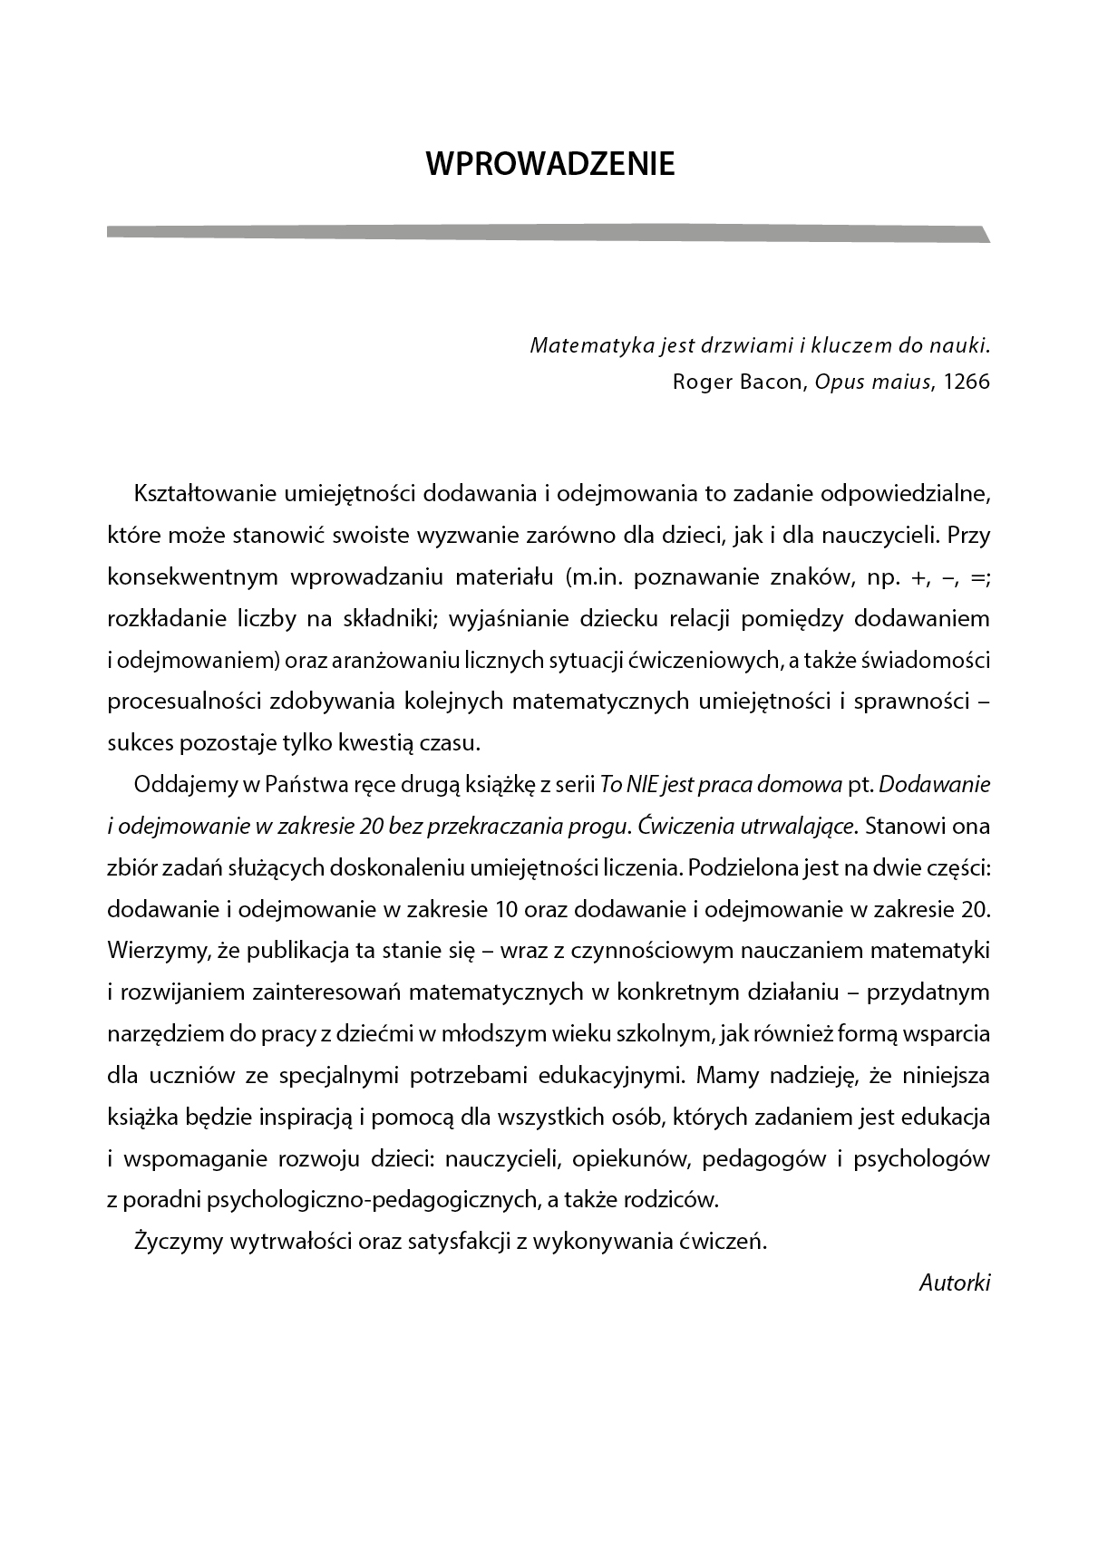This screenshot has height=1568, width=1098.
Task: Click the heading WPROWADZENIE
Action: pos(550,164)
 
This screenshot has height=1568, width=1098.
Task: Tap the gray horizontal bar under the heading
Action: pos(544,233)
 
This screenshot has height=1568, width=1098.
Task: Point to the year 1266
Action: pos(967,382)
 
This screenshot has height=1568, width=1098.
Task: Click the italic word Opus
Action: pos(836,382)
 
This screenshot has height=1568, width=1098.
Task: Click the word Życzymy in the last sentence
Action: pos(177,1242)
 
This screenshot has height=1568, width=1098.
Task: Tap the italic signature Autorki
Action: pos(955,1282)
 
